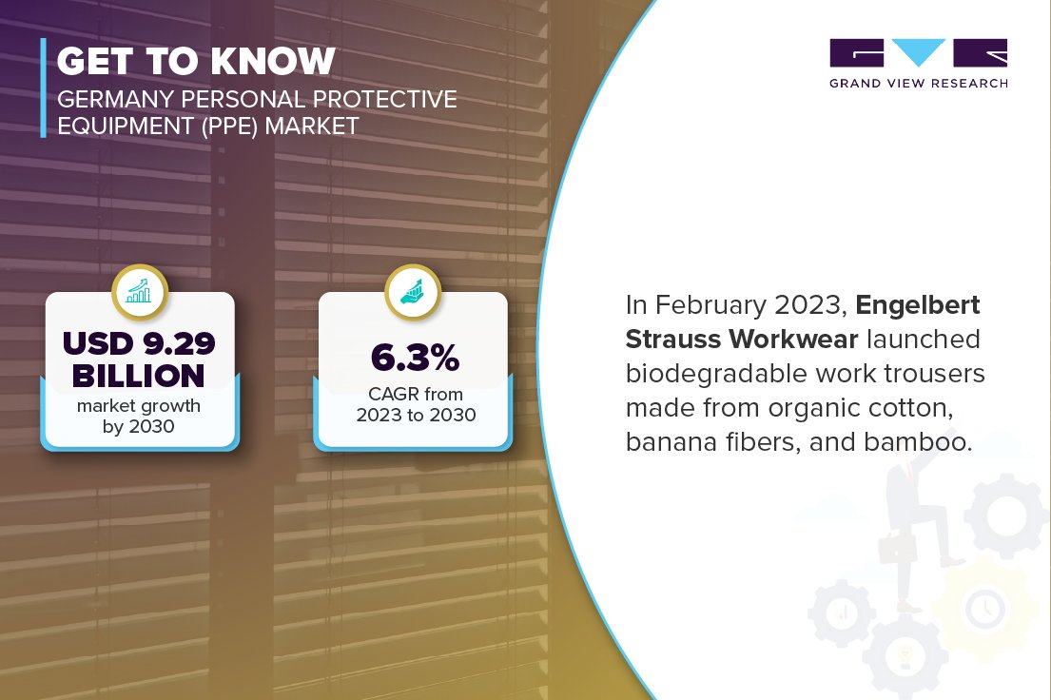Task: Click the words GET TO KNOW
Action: pos(196,62)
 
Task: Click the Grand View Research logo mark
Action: pos(918,53)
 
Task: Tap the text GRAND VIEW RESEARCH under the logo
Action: pos(918,84)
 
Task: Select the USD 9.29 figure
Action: pos(139,342)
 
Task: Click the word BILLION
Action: pos(139,377)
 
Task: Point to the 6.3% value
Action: pos(415,359)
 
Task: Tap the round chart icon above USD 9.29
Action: pos(139,293)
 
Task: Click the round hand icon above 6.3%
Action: pos(413,293)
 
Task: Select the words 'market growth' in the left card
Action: pos(139,407)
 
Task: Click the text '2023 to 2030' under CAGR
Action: pos(416,416)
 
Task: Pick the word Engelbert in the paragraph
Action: pos(918,306)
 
